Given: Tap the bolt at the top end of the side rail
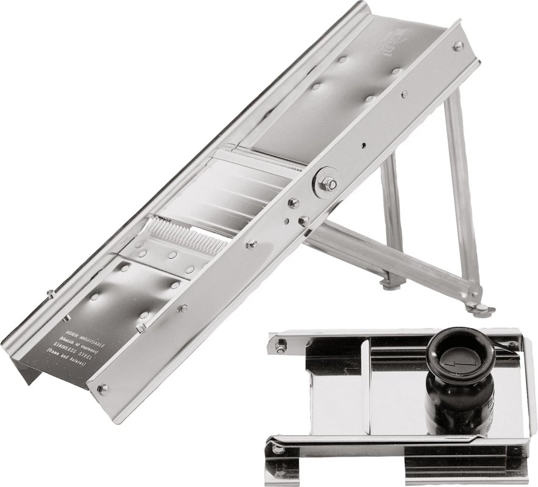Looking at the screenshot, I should (x=457, y=46).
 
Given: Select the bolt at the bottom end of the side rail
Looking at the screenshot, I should (x=102, y=388).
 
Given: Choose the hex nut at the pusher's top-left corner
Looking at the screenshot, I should (x=281, y=346).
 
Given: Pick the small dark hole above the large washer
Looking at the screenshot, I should (x=364, y=145).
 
